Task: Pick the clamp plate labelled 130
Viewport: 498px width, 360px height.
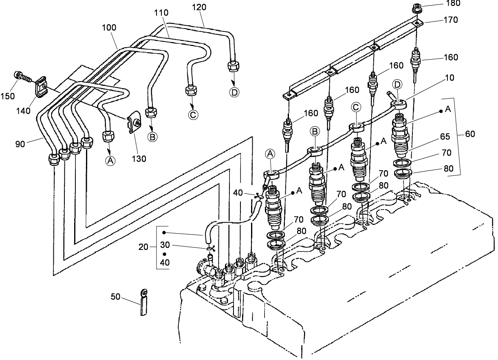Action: pos(133,124)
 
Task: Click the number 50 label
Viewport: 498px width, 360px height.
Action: pos(116,297)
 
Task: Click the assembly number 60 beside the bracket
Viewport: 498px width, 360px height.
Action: pos(469,134)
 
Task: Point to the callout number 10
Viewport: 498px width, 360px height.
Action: pos(438,77)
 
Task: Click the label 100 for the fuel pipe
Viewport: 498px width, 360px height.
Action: pos(109,28)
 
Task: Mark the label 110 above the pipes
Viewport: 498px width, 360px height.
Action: pos(161,13)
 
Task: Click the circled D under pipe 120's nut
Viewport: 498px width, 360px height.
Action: pos(234,92)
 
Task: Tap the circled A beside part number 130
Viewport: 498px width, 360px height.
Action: pos(110,161)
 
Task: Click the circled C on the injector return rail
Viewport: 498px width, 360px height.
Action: pos(356,107)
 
